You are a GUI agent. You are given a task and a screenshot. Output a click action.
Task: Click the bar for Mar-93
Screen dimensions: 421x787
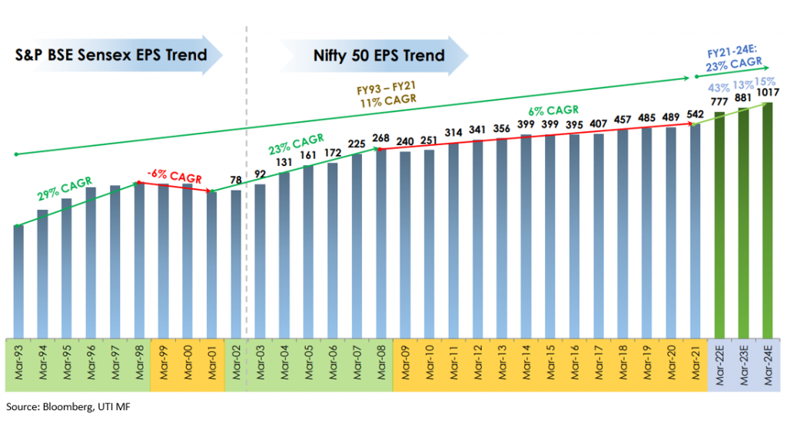tap(18, 280)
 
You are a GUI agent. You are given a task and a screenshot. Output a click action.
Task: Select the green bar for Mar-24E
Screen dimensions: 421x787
tap(767, 220)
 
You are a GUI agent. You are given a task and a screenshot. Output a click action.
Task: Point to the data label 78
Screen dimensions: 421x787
tap(237, 181)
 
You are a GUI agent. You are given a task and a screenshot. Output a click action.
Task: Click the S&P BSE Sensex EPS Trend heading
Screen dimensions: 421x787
tap(112, 55)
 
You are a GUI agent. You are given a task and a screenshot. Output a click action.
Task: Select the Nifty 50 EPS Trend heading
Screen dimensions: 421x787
tap(379, 55)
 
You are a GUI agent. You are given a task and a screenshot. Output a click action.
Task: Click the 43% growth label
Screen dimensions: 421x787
tap(721, 87)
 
